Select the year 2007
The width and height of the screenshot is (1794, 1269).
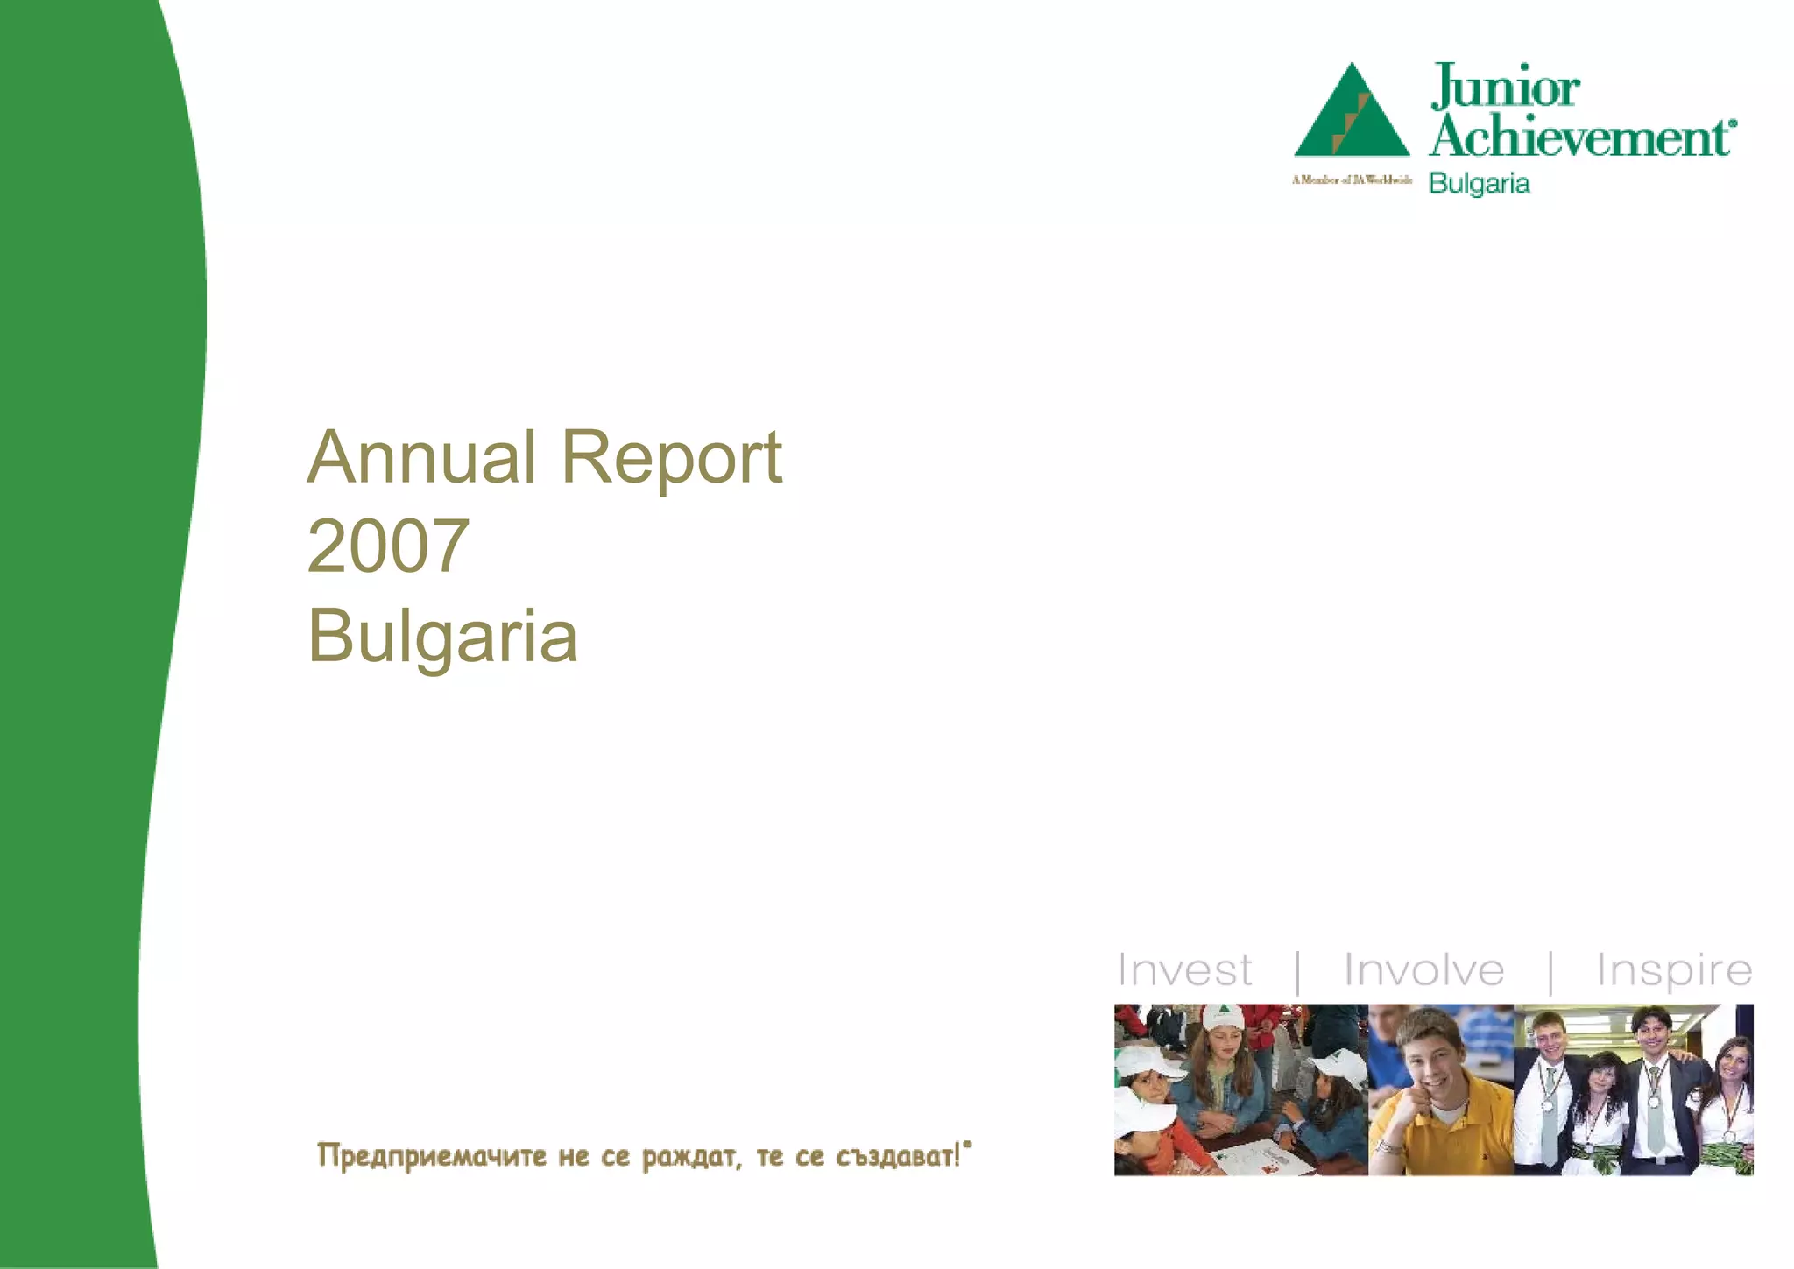[x=388, y=546]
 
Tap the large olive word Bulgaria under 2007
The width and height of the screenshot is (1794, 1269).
[x=442, y=636]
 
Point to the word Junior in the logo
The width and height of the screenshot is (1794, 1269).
[x=1505, y=88]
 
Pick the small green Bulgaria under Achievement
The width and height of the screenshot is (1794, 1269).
[x=1479, y=184]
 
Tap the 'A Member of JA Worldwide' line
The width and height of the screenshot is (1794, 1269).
[x=1352, y=180]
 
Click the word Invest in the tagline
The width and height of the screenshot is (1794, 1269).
[x=1184, y=970]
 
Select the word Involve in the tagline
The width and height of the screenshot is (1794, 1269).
[x=1423, y=970]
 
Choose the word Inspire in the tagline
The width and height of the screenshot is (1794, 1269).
[x=1673, y=970]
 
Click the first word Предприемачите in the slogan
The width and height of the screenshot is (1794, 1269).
[x=431, y=1156]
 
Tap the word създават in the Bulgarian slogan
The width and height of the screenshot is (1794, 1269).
[x=898, y=1156]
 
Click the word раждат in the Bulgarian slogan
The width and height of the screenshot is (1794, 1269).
[x=692, y=1156]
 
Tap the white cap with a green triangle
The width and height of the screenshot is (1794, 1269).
[x=1223, y=1018]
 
